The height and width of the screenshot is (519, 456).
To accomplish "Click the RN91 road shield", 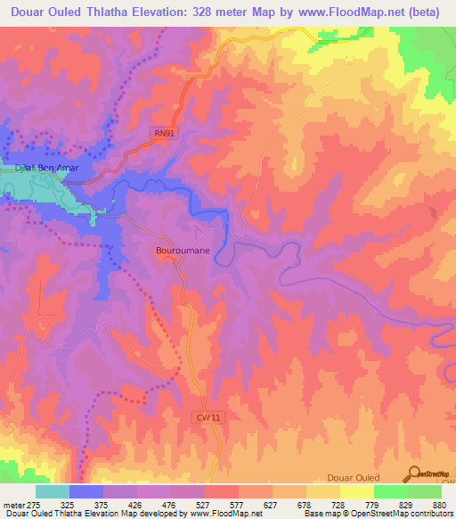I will (x=160, y=133).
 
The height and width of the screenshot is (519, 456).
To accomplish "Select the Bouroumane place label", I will (x=183, y=251).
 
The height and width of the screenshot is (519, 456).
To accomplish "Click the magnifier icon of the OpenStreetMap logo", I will (x=414, y=473).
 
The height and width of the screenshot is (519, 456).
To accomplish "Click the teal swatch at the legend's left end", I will (x=52, y=492).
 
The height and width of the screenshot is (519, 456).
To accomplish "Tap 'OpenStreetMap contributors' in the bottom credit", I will (x=396, y=513).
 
